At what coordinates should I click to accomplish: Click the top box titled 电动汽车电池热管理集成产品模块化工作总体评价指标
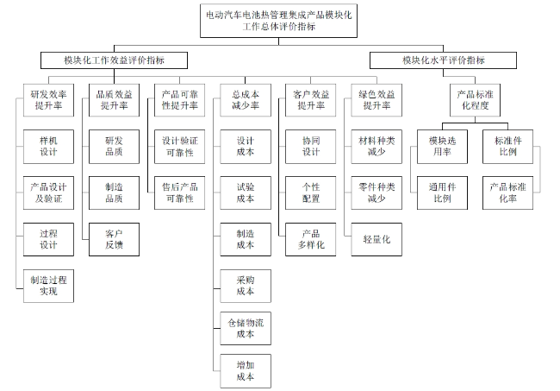[278, 21]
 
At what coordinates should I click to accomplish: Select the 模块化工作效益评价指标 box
[114, 60]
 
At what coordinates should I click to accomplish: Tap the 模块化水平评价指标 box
[443, 60]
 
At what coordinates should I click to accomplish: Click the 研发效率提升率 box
[48, 100]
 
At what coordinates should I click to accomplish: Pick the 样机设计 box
[48, 147]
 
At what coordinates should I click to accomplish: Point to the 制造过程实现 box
[48, 286]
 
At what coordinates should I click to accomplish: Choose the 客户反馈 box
[114, 239]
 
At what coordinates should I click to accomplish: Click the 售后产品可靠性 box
[180, 192]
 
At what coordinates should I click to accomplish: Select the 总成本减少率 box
[246, 100]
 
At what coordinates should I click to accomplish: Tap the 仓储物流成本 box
[246, 328]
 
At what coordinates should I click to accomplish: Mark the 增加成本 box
[246, 371]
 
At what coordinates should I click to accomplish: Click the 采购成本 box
[246, 286]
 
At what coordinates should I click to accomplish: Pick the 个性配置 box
[311, 192]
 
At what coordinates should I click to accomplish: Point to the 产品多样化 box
[311, 239]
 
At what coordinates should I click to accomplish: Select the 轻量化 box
[376, 239]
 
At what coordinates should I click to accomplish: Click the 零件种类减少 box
[376, 192]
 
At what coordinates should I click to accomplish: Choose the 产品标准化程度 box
[475, 100]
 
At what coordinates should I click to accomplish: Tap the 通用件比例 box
[442, 192]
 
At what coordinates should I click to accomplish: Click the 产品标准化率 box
[507, 192]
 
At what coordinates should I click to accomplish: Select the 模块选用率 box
[442, 147]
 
